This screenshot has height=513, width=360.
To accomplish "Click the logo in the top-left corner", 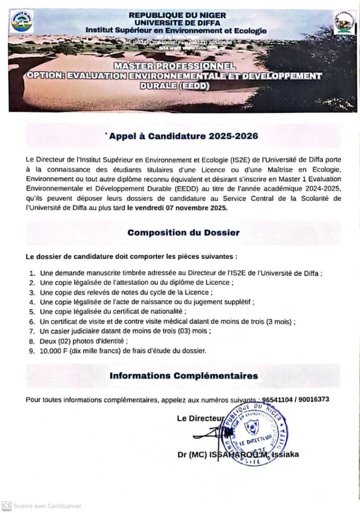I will click(x=23, y=21).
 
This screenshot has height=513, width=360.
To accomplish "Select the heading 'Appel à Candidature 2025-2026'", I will click(x=184, y=135).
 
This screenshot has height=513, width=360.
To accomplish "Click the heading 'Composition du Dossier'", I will click(x=183, y=232).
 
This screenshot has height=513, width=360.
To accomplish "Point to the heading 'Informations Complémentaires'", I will click(x=184, y=375).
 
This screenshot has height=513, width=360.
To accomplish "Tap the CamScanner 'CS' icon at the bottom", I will click(x=7, y=506).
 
